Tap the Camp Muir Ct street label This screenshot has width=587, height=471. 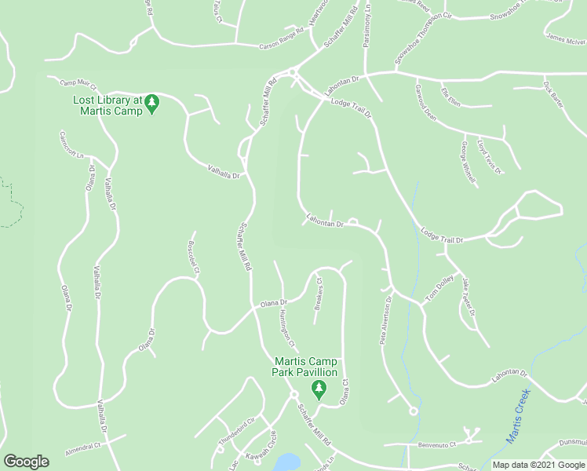pos(78,85)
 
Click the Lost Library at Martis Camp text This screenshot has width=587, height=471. pos(108,105)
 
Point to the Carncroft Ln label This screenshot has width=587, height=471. pos(71,144)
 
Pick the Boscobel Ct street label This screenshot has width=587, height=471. pos(193,257)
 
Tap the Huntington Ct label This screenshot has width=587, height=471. pos(286,329)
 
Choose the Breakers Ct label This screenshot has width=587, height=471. pos(319,293)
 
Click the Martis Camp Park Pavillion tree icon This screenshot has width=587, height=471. pos(318,388)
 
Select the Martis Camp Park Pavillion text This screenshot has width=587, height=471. pos(305,367)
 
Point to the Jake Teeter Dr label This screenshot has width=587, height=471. pos(469,298)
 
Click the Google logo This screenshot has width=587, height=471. pos(26,461)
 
